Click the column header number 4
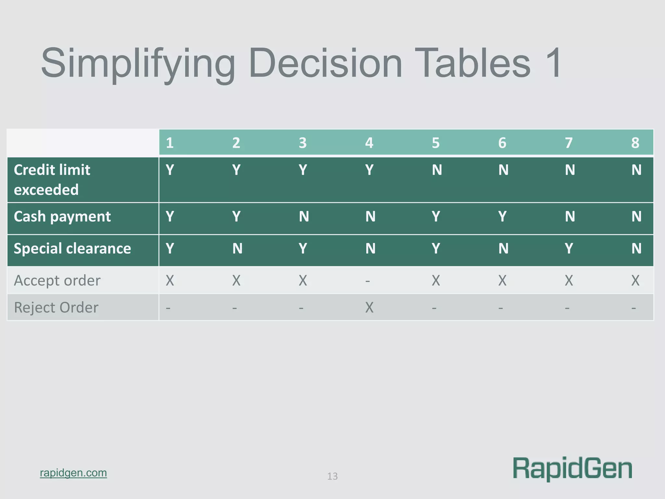[x=369, y=143]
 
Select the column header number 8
[x=635, y=143]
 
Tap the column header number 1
[x=169, y=143]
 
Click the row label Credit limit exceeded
[x=52, y=180]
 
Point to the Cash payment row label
[x=62, y=217]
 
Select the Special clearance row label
[x=72, y=249]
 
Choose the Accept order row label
[x=57, y=280]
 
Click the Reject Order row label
[x=56, y=307]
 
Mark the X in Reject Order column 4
[x=369, y=307]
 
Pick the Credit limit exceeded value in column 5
[x=437, y=170]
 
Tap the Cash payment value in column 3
[x=304, y=217]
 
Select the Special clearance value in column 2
[x=237, y=249]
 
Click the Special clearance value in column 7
[x=569, y=249]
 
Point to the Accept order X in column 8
[x=635, y=280]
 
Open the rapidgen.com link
[x=73, y=473]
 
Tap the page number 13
[x=332, y=476]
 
